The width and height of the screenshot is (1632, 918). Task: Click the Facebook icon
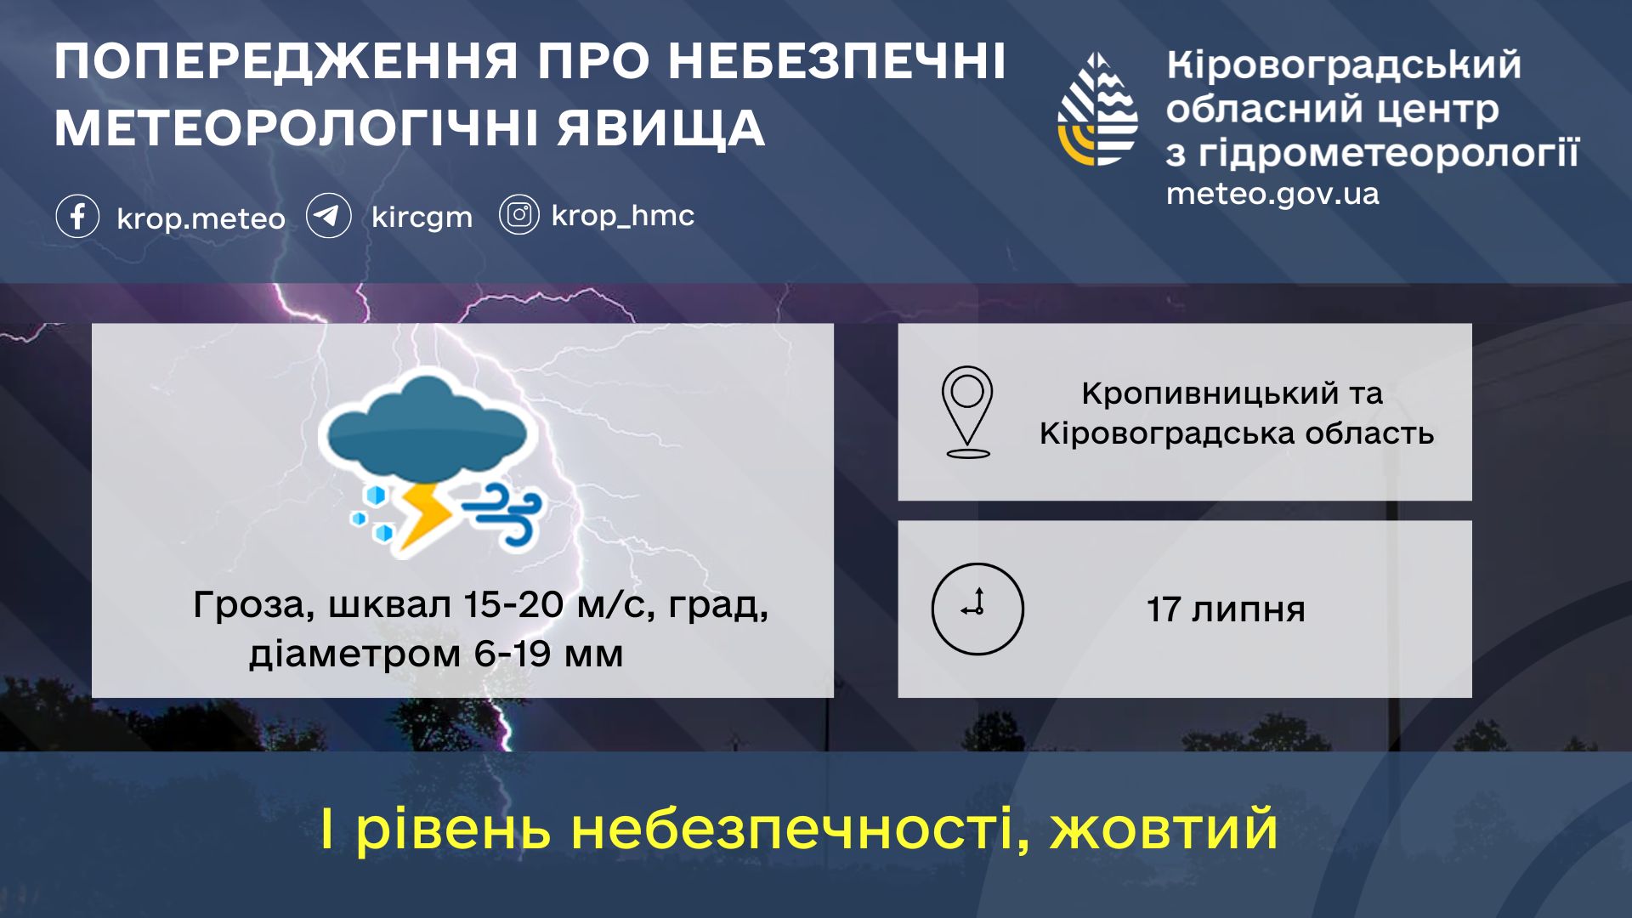[x=77, y=216]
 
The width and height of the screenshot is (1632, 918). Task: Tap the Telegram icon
[x=328, y=216]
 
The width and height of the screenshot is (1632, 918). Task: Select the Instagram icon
[x=518, y=215]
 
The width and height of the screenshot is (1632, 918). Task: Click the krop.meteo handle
[x=201, y=218]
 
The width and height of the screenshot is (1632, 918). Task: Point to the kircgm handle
[x=422, y=218]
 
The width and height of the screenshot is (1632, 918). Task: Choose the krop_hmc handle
[x=622, y=216]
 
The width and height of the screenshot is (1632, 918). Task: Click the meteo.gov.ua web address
[x=1272, y=194]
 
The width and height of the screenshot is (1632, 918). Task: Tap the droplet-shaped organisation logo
[x=1097, y=109]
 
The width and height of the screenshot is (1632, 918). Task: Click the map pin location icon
[x=967, y=412]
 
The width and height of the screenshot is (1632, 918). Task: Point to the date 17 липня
[x=1225, y=609]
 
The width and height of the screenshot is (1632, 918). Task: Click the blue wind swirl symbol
[x=501, y=513]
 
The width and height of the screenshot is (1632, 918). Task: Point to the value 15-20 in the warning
[x=513, y=604]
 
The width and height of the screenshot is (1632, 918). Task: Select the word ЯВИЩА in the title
[x=661, y=129]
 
